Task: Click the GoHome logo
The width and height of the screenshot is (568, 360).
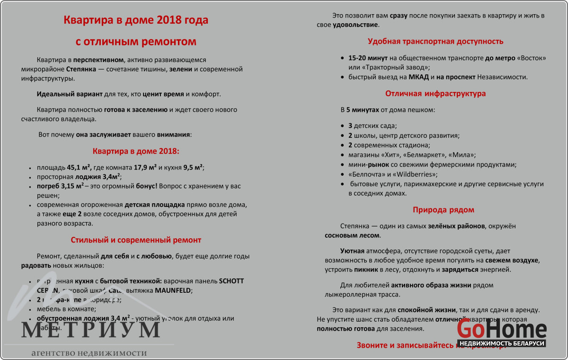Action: tap(501, 330)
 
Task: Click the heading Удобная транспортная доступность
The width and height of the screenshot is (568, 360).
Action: tap(435, 41)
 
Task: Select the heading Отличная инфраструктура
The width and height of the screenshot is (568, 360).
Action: tap(435, 93)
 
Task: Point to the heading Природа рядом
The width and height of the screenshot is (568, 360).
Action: tap(443, 210)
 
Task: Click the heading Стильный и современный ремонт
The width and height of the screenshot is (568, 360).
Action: tap(136, 240)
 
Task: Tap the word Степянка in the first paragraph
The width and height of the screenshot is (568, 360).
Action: tap(80, 69)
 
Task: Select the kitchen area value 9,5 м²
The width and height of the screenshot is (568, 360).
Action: tap(193, 167)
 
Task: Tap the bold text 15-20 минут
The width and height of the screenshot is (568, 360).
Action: tap(368, 58)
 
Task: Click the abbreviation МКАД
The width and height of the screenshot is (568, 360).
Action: tap(418, 77)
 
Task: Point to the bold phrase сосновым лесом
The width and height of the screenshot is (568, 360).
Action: tap(352, 235)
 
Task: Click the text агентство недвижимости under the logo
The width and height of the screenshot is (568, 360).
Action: tap(89, 353)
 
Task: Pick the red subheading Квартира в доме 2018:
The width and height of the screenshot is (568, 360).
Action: tap(136, 152)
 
